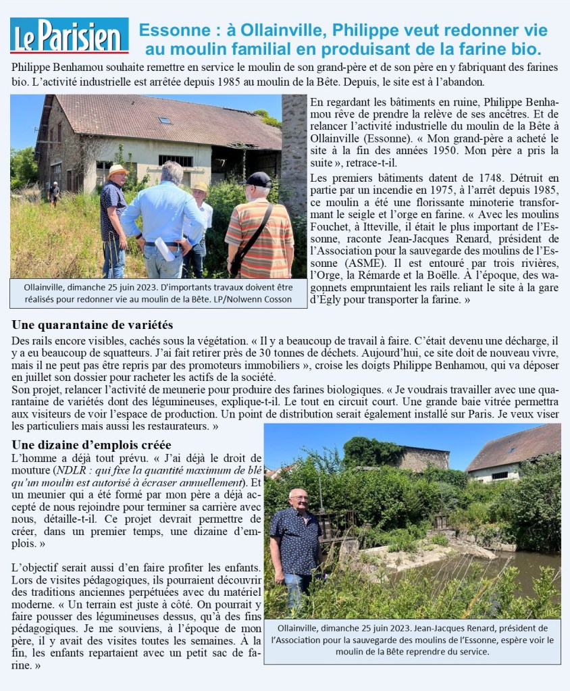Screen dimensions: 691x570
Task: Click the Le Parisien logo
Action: click(x=69, y=36)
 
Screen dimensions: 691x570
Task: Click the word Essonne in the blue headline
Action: click(x=168, y=30)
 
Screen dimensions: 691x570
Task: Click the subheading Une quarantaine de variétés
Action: click(x=93, y=325)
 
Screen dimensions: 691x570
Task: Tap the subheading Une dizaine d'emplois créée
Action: click(x=92, y=444)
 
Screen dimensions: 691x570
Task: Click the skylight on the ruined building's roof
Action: click(x=164, y=121)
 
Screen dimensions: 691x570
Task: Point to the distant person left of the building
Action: click(x=54, y=193)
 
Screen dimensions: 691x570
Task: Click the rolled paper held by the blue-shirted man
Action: click(x=165, y=249)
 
